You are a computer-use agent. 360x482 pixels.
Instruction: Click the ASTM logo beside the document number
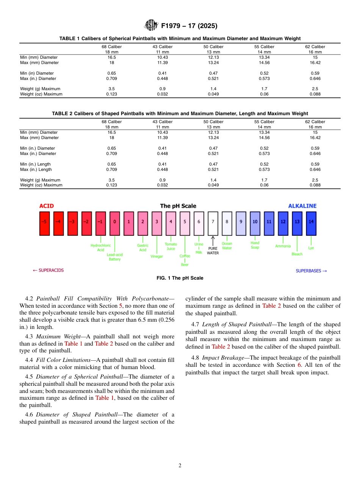coord(152,26)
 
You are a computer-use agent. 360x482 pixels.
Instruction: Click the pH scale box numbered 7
coord(213,223)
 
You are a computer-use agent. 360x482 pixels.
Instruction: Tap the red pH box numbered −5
coord(45,223)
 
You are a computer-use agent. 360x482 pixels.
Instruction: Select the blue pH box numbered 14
coord(311,223)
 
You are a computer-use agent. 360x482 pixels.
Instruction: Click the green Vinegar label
coord(157,257)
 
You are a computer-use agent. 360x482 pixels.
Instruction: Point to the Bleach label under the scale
coord(297,254)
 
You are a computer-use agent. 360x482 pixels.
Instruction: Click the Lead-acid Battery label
coord(114,257)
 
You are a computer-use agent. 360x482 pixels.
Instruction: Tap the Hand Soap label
coord(255,245)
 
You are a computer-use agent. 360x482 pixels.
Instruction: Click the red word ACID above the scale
coord(47,206)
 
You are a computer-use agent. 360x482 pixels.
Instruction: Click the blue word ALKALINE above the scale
coord(302,206)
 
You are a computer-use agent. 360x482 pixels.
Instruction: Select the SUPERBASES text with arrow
coord(311,271)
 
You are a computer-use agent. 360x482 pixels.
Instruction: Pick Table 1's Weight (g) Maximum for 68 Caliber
coord(111,89)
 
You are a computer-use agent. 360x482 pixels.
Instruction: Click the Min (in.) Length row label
coord(36,164)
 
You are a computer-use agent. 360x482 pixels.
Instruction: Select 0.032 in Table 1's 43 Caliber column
coord(163,94)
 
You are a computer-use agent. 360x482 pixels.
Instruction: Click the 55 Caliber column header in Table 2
coord(264,122)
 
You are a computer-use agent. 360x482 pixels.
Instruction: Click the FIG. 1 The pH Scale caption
coord(180,278)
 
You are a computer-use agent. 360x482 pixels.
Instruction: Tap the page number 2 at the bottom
coord(180,466)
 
